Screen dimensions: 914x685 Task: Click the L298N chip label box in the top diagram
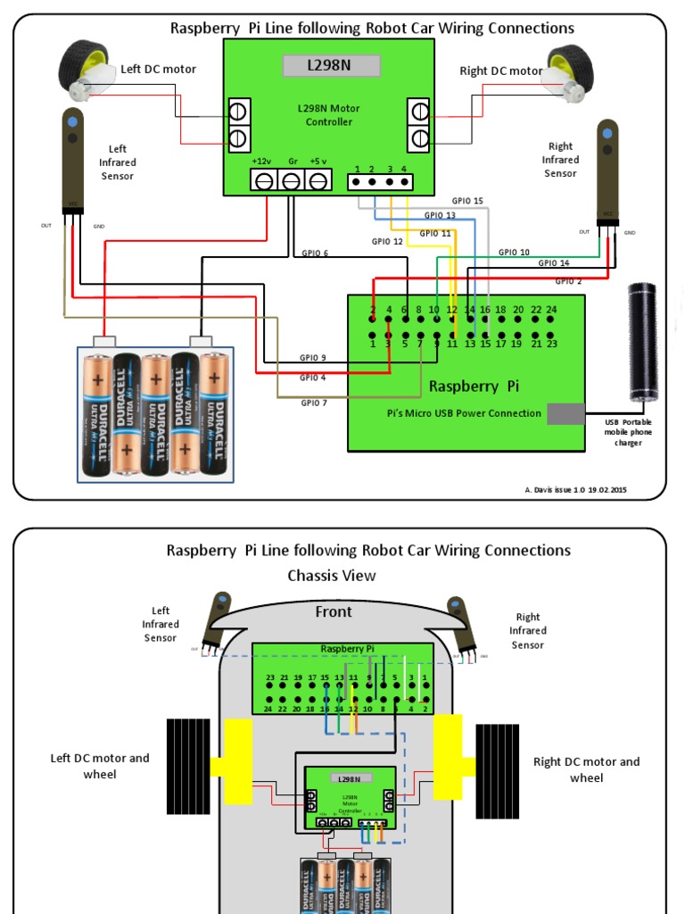click(x=331, y=65)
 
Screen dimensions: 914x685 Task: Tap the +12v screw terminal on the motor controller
click(x=264, y=181)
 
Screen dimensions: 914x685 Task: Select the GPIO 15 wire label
click(x=466, y=202)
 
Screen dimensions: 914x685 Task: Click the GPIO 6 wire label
click(x=315, y=253)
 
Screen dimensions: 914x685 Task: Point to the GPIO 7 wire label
click(x=314, y=403)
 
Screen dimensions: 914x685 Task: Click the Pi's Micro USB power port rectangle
click(x=565, y=414)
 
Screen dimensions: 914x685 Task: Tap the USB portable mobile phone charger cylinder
click(x=642, y=342)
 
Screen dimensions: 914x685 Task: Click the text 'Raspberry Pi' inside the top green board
click(x=474, y=386)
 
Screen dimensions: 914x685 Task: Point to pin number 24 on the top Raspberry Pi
click(x=551, y=310)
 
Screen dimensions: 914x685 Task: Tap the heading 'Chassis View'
click(x=332, y=576)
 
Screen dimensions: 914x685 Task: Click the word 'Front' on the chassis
click(x=334, y=612)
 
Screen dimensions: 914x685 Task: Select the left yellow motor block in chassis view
click(x=234, y=761)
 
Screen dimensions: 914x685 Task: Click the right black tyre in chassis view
click(x=497, y=770)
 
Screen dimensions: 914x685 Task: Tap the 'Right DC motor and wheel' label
click(x=586, y=769)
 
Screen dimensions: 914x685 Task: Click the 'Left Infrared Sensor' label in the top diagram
click(x=118, y=162)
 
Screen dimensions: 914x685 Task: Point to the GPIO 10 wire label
click(x=514, y=253)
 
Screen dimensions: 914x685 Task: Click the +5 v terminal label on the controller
click(x=318, y=162)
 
